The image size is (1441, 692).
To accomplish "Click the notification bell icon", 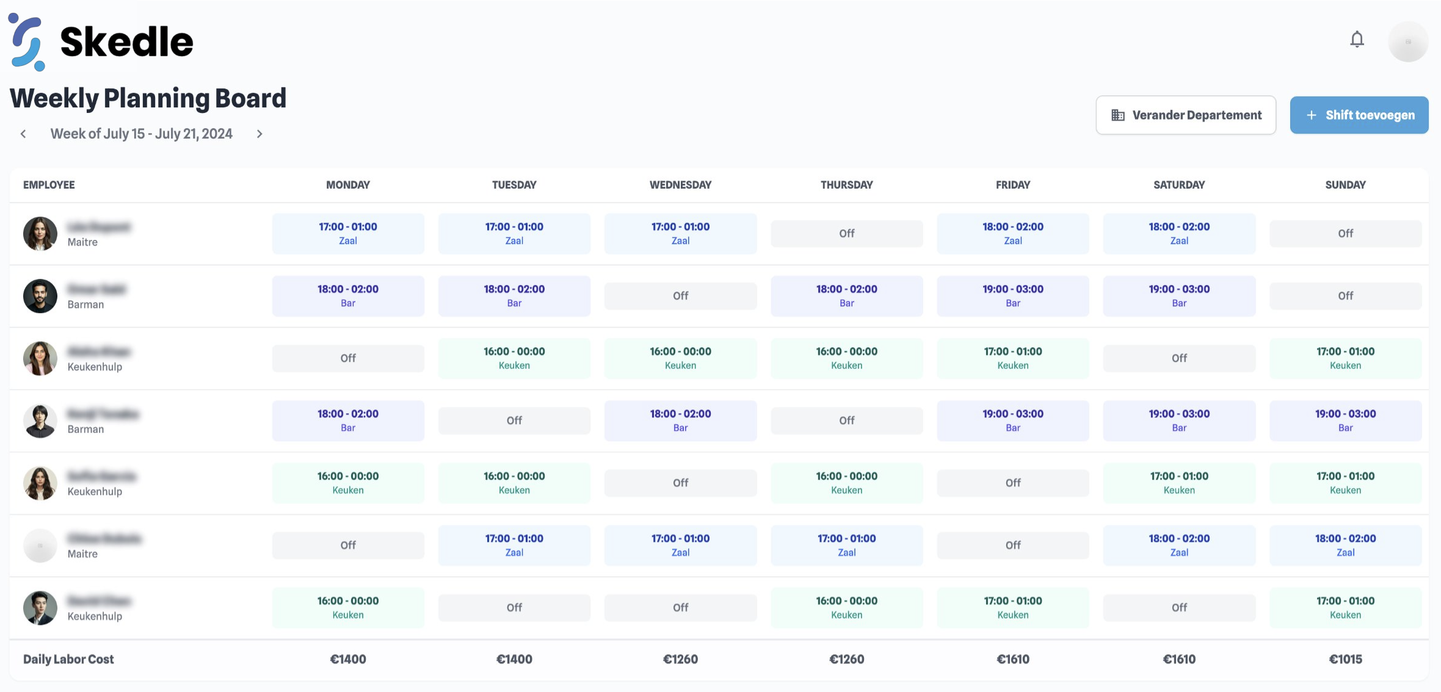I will (x=1357, y=40).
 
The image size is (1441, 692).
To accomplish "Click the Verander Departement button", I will (x=1186, y=115).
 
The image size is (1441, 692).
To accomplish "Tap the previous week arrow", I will (x=23, y=134).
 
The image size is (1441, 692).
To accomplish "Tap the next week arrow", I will (x=260, y=134).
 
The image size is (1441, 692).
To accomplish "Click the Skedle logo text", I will (x=126, y=41).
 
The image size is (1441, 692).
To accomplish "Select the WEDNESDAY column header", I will (x=680, y=185).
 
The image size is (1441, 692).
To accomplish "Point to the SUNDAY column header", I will (x=1345, y=185).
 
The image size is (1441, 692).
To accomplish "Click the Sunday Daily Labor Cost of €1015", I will (x=1345, y=659).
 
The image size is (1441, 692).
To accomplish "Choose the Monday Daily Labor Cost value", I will (x=348, y=659).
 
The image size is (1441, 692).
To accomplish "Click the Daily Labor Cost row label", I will (x=68, y=659).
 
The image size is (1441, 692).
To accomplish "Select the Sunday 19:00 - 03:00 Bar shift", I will (x=1345, y=420).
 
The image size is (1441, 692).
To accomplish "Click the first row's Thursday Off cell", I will (x=846, y=234).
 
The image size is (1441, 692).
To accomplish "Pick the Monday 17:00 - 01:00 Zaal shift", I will (x=348, y=234).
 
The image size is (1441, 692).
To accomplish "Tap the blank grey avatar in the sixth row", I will (x=40, y=546).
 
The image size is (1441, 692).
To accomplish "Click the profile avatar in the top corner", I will (x=1408, y=41).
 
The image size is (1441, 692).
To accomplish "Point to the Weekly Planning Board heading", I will (x=148, y=98).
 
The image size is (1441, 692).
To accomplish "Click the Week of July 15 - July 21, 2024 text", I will (x=141, y=134).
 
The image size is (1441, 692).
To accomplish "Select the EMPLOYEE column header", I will (x=49, y=185).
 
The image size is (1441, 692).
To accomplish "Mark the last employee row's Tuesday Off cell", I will (x=514, y=608).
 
